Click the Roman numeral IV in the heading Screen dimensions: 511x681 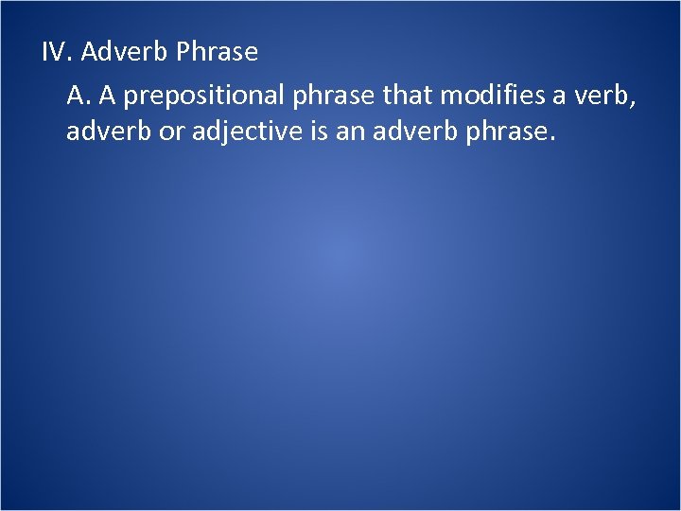[x=57, y=52]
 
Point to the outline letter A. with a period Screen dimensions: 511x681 [x=79, y=95]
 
